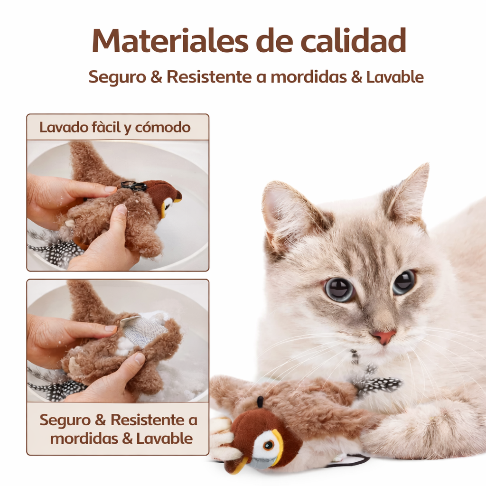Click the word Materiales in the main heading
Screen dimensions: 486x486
tap(170, 40)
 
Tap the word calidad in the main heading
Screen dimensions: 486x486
tap(353, 40)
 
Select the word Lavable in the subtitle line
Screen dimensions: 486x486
tap(395, 77)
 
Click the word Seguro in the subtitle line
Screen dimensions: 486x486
tap(117, 77)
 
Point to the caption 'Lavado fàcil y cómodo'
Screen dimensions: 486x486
tap(115, 127)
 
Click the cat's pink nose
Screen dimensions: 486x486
tap(383, 336)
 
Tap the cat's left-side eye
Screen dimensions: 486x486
tap(339, 289)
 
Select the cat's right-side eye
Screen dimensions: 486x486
tap(404, 281)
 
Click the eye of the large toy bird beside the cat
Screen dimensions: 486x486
tap(269, 445)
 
